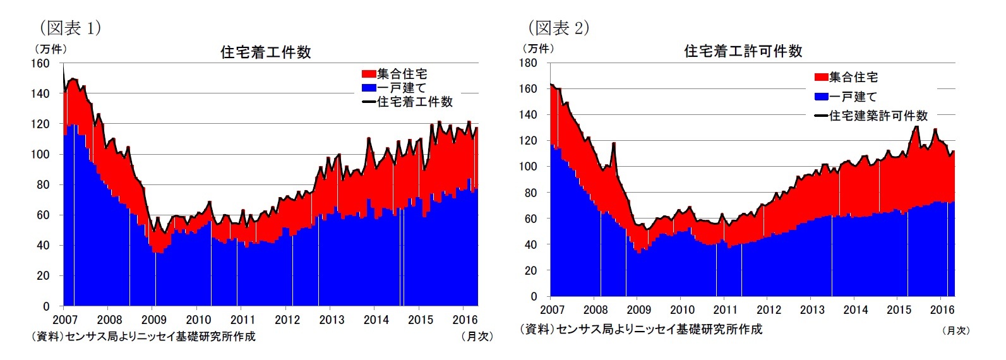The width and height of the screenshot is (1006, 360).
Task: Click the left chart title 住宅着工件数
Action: (265, 52)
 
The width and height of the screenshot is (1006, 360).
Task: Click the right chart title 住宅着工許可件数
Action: (743, 51)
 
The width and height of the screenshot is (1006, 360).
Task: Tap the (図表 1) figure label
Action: (70, 28)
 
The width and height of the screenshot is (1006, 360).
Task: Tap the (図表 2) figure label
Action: (558, 28)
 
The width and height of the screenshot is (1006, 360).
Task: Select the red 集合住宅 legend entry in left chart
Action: (395, 75)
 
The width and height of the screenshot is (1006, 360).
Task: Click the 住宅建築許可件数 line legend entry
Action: (871, 116)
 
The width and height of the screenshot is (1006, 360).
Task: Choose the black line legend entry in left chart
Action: (408, 102)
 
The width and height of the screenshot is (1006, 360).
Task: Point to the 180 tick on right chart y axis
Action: (528, 63)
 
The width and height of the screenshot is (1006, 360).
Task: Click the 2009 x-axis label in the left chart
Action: (153, 320)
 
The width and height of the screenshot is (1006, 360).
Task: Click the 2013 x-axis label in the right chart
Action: (811, 309)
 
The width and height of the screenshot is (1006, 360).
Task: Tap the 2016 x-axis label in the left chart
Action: (465, 320)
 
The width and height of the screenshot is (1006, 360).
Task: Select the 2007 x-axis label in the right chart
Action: (552, 309)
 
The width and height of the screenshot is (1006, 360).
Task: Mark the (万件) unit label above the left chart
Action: (49, 49)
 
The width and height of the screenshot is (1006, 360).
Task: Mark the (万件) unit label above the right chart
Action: (537, 49)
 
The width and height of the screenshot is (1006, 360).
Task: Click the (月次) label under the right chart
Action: (955, 330)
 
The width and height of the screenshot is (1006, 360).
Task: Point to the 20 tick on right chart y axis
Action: (532, 270)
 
